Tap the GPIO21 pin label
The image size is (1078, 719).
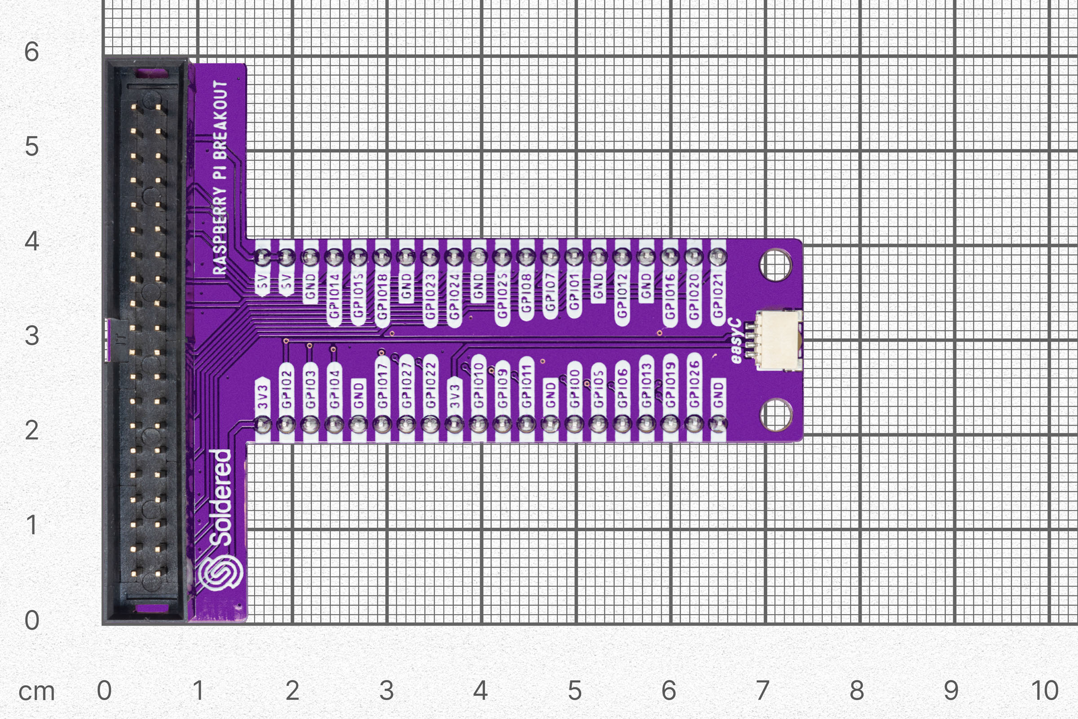pos(718,295)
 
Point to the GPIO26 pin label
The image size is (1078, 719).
pos(694,384)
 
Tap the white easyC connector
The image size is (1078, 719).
pos(778,340)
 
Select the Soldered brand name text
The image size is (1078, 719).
pos(221,498)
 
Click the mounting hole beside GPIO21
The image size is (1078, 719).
pos(775,265)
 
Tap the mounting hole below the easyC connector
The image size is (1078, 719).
pos(775,415)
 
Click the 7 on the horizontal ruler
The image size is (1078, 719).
pos(762,690)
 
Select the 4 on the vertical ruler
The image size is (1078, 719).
pos(31,241)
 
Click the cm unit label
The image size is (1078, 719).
pos(37,692)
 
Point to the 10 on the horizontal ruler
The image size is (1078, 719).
pos(1045,690)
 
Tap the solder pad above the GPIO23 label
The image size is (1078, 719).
pos(430,257)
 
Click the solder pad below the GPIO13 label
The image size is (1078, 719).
pos(646,424)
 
